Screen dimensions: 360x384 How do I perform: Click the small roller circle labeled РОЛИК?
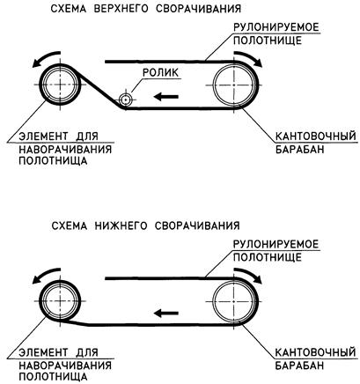[x=126, y=100]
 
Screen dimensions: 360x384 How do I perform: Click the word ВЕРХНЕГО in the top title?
[x=121, y=8]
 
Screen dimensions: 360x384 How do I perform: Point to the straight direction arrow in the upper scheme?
[x=166, y=96]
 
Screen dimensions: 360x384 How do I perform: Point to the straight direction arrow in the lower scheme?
[x=166, y=314]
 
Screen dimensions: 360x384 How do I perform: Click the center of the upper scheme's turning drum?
[x=234, y=85]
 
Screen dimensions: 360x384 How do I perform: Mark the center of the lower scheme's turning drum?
[x=234, y=301]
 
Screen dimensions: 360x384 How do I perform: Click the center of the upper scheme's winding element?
[x=60, y=85]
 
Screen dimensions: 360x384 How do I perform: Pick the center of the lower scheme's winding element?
[x=60, y=301]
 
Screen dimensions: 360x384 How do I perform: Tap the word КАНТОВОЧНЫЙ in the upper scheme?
[x=315, y=137]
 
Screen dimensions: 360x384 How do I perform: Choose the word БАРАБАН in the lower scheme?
[x=299, y=366]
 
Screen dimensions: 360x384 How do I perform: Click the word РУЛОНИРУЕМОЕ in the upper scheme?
[x=276, y=27]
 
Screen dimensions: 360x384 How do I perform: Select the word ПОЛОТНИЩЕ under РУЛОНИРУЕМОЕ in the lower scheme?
[x=268, y=257]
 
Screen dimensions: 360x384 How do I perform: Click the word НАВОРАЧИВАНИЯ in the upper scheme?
[x=65, y=149]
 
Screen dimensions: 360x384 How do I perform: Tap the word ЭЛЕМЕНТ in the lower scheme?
[x=42, y=352]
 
